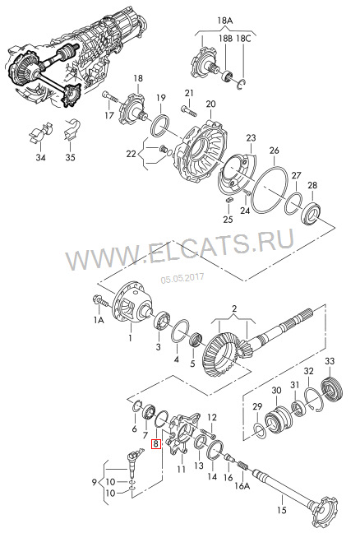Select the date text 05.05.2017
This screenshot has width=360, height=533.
coord(181,279)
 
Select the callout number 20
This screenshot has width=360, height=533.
coord(210,104)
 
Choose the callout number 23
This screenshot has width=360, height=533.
coord(251,137)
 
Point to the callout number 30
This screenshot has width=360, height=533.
coord(276,368)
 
